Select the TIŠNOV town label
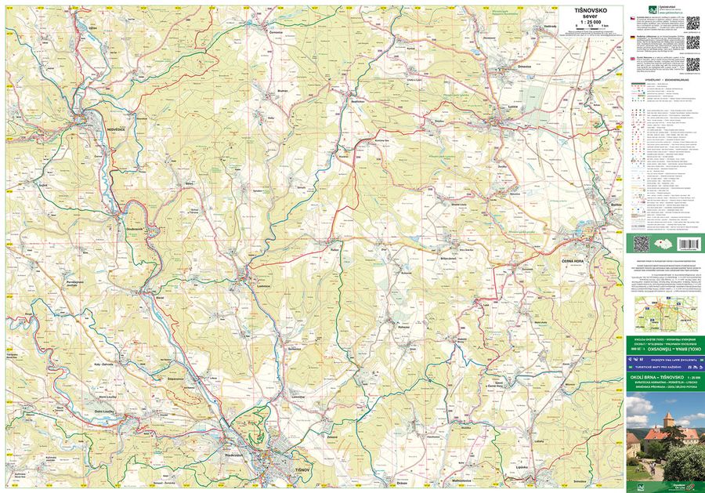[302, 468]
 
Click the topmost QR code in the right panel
[693, 21]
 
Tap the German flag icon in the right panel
[632, 37]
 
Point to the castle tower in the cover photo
[667, 421]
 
